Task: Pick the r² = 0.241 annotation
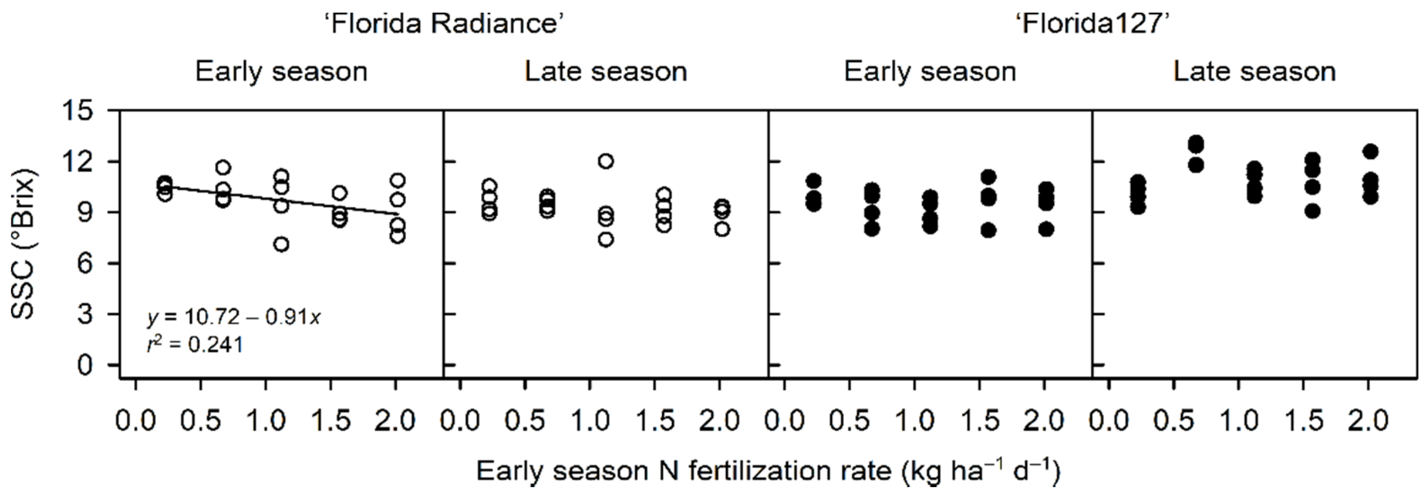click(195, 345)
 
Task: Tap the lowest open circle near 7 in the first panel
click(281, 245)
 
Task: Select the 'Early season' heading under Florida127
click(930, 72)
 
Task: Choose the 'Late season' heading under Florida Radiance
click(606, 72)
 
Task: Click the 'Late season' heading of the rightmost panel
click(1254, 72)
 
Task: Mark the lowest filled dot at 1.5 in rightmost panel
click(1312, 211)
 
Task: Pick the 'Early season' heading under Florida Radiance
click(281, 72)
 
